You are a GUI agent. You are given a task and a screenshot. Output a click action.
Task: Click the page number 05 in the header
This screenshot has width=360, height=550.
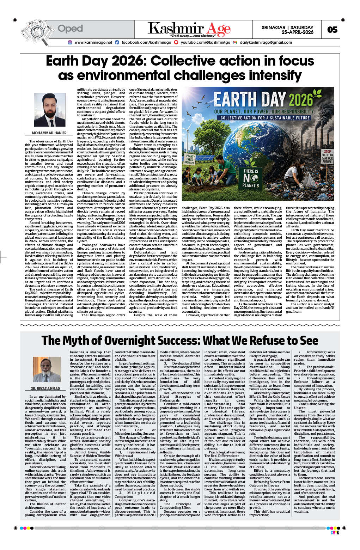point(332,30)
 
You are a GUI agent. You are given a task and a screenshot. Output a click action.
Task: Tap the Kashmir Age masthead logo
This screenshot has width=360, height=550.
point(189,29)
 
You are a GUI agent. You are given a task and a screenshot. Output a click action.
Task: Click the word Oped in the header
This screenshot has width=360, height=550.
point(70,28)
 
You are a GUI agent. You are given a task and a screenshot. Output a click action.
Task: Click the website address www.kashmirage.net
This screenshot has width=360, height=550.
point(93,42)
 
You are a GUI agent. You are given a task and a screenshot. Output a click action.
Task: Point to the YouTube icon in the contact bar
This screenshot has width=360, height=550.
point(176,42)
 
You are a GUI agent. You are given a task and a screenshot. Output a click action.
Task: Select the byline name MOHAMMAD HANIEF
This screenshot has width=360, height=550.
point(49,133)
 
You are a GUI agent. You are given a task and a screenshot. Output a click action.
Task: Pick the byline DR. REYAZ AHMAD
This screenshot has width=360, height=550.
point(45,389)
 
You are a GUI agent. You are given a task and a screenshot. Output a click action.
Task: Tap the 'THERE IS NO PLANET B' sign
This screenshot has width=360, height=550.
point(251,178)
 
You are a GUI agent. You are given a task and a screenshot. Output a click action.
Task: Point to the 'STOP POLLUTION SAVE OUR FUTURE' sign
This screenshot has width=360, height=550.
point(327,156)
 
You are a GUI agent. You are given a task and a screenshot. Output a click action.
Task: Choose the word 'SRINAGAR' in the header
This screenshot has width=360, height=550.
point(273,27)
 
